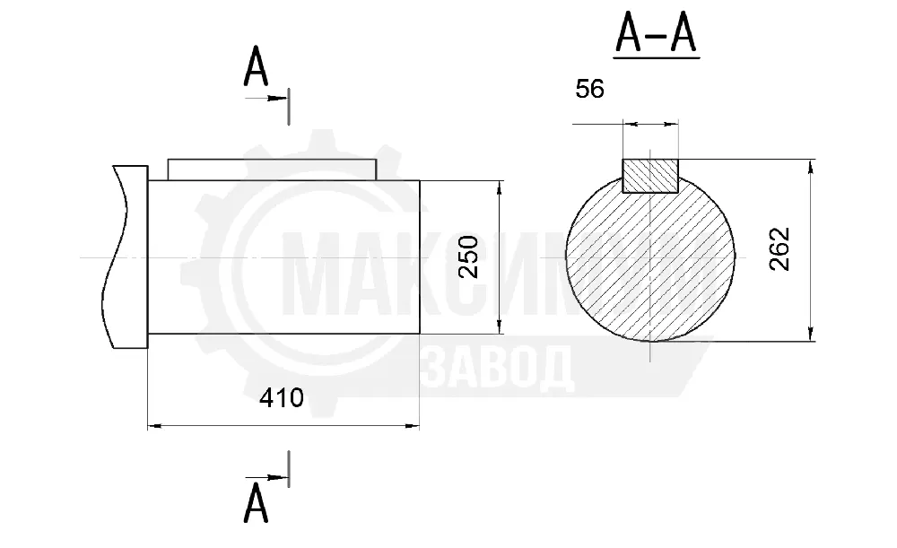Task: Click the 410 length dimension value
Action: [x=281, y=397]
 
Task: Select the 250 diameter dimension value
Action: [x=469, y=257]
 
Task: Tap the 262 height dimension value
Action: [x=779, y=248]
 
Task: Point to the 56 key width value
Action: [x=590, y=89]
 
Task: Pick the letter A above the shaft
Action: [x=256, y=66]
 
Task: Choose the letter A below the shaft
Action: [x=256, y=503]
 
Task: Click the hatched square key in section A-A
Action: [x=650, y=176]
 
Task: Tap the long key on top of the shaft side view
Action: [x=273, y=170]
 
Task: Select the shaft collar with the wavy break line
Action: [x=130, y=257]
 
